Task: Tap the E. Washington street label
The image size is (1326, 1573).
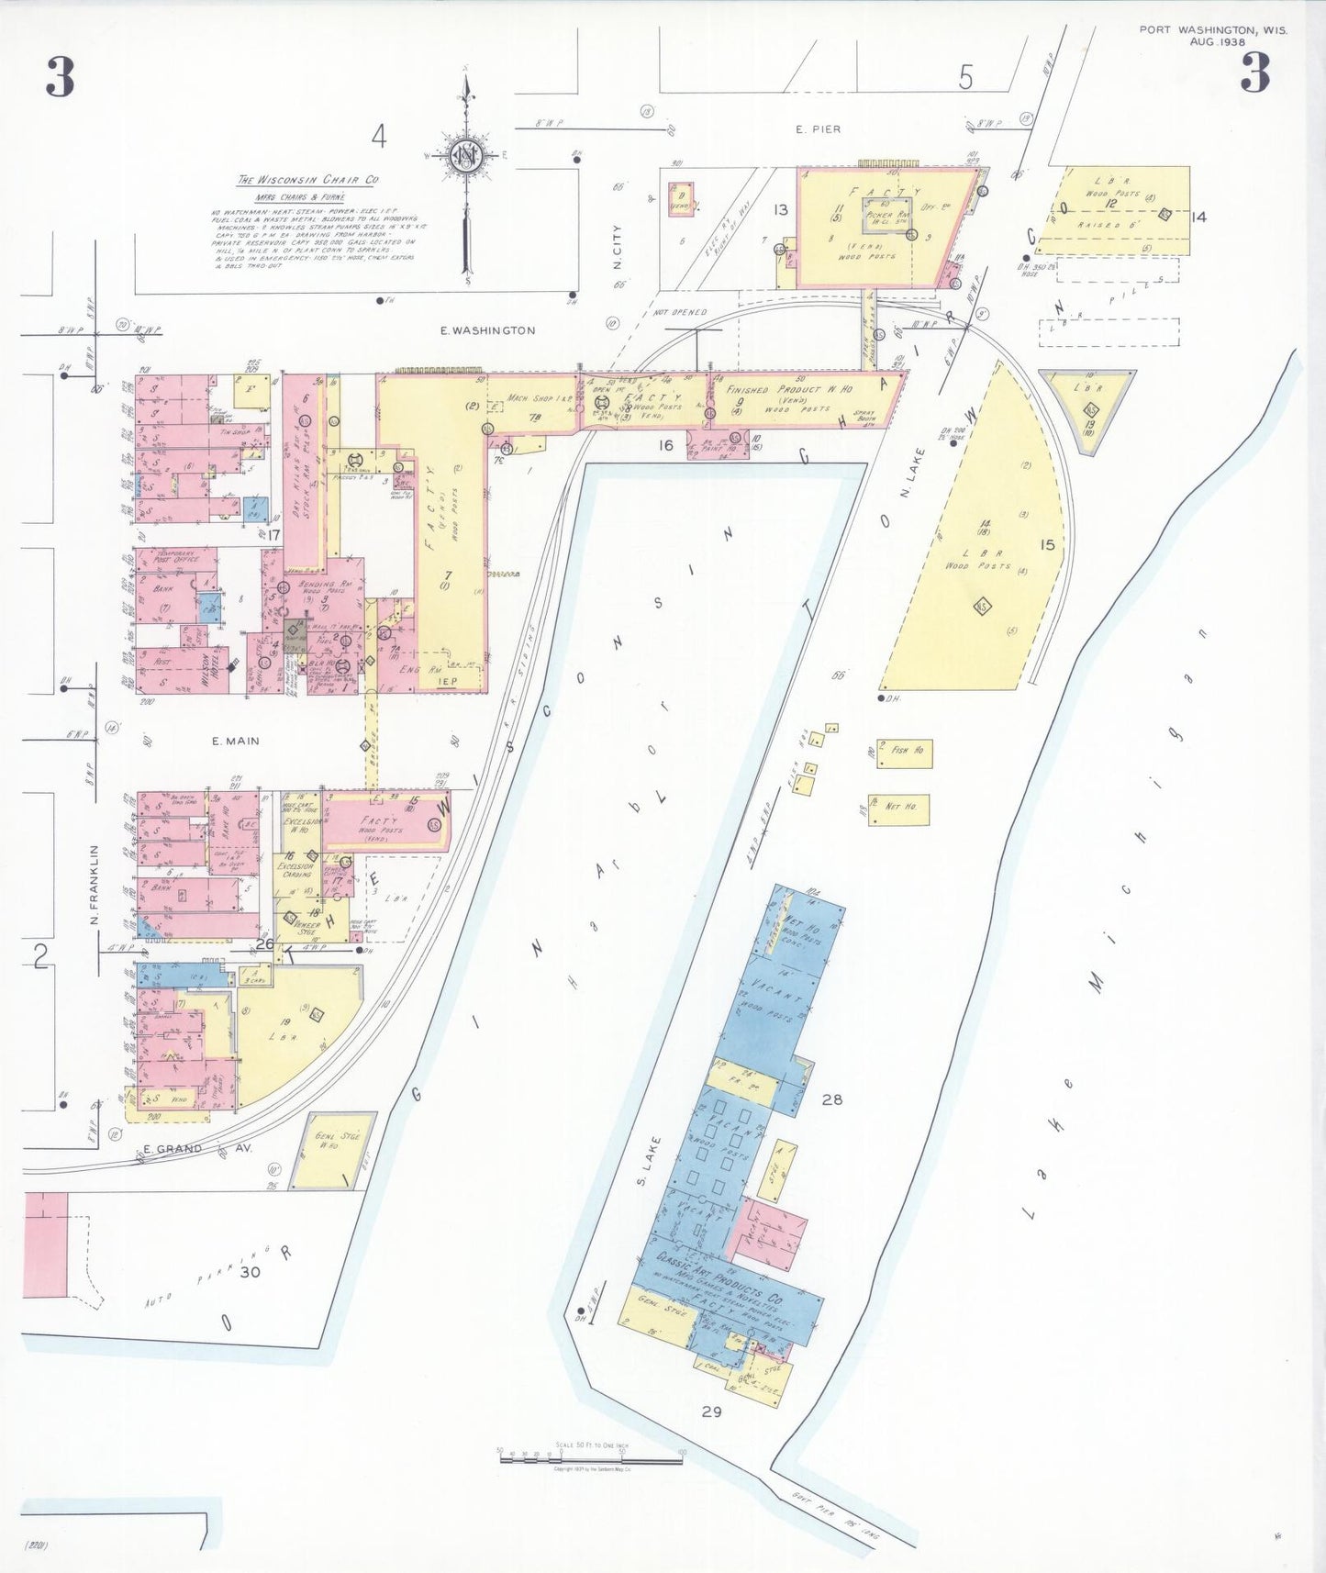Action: (x=487, y=330)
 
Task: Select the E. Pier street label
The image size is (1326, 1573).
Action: (x=818, y=129)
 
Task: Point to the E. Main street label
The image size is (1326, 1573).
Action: (x=235, y=741)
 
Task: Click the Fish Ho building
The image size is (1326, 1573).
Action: (x=905, y=753)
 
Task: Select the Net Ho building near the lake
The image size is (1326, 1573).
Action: (x=899, y=809)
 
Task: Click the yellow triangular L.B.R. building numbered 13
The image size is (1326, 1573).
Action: (x=1089, y=409)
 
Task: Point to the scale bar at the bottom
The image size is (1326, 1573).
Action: (x=590, y=1456)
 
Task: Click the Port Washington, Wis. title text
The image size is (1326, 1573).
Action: (x=1212, y=29)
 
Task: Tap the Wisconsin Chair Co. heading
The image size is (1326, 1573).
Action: (x=307, y=180)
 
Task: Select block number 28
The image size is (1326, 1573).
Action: (x=831, y=1099)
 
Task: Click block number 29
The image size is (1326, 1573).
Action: (x=711, y=1411)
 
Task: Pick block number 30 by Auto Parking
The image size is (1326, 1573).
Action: (x=250, y=1272)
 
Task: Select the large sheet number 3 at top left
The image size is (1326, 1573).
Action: (x=61, y=76)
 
